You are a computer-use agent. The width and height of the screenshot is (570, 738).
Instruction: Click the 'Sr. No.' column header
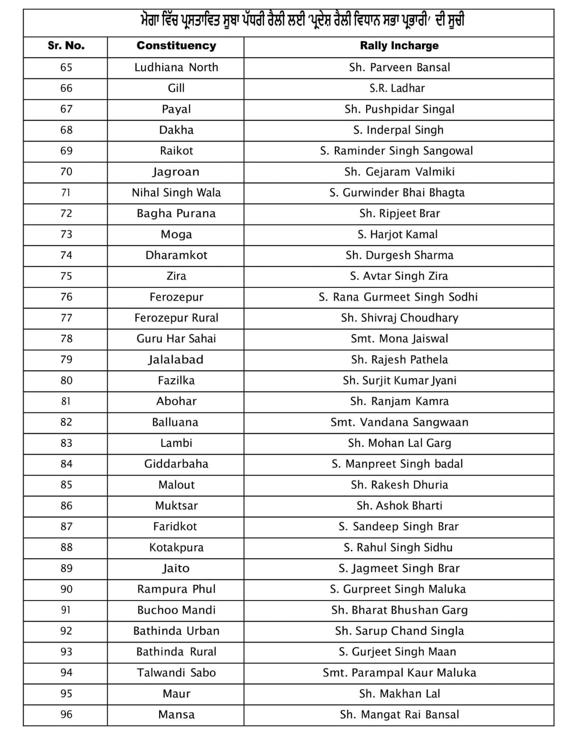tap(66, 46)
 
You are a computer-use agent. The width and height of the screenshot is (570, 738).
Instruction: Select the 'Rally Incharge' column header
tap(399, 46)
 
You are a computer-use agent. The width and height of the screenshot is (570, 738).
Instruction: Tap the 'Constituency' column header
tap(176, 46)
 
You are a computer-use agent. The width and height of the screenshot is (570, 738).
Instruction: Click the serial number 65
tap(66, 67)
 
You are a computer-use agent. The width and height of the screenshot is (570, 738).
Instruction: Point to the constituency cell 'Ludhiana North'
tap(176, 67)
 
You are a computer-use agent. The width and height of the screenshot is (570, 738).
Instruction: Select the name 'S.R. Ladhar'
tap(397, 88)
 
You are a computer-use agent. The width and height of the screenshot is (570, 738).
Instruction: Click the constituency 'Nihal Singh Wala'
tap(176, 192)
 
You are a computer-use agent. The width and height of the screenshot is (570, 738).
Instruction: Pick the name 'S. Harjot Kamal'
tap(398, 234)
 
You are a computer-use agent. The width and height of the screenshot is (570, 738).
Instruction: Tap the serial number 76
tap(66, 297)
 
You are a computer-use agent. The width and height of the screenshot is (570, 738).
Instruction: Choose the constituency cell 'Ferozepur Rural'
tap(176, 318)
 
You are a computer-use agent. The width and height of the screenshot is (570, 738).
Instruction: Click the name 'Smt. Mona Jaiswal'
tap(399, 339)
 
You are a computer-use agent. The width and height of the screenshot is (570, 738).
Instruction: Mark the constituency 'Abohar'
tap(176, 401)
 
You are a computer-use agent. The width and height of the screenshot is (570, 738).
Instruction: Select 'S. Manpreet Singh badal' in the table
tap(397, 464)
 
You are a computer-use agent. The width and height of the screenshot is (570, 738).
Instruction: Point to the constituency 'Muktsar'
tap(176, 506)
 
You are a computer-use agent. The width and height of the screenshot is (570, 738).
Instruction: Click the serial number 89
tap(66, 568)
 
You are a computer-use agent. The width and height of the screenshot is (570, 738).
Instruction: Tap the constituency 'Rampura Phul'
tap(176, 589)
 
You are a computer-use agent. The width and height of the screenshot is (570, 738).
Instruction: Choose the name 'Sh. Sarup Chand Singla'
tap(399, 631)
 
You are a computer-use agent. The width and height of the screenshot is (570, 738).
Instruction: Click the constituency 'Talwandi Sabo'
tap(176, 673)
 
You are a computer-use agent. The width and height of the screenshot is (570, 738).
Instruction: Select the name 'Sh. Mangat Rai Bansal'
tap(399, 714)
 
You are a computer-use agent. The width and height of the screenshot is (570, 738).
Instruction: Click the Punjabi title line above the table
tap(302, 21)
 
